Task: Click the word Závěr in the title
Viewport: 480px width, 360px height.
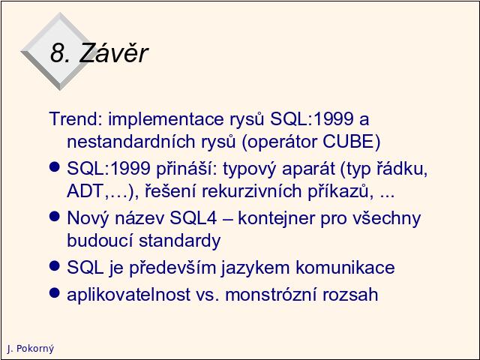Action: [x=113, y=52]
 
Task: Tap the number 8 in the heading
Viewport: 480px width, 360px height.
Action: [x=57, y=53]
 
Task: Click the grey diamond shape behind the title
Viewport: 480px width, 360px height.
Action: [x=60, y=52]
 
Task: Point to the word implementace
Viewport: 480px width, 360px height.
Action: [x=166, y=119]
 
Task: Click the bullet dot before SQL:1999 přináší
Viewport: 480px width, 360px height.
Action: [x=54, y=166]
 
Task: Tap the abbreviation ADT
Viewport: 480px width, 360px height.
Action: [x=85, y=191]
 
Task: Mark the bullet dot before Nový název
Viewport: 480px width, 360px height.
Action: [x=54, y=217]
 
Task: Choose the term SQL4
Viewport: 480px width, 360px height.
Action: [x=193, y=218]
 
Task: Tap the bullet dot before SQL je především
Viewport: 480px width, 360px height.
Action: [x=54, y=265]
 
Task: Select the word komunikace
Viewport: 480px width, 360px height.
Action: [x=345, y=268]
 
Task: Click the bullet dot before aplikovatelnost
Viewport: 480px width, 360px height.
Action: [x=54, y=292]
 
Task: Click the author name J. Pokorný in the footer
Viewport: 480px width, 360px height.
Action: [x=31, y=348]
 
